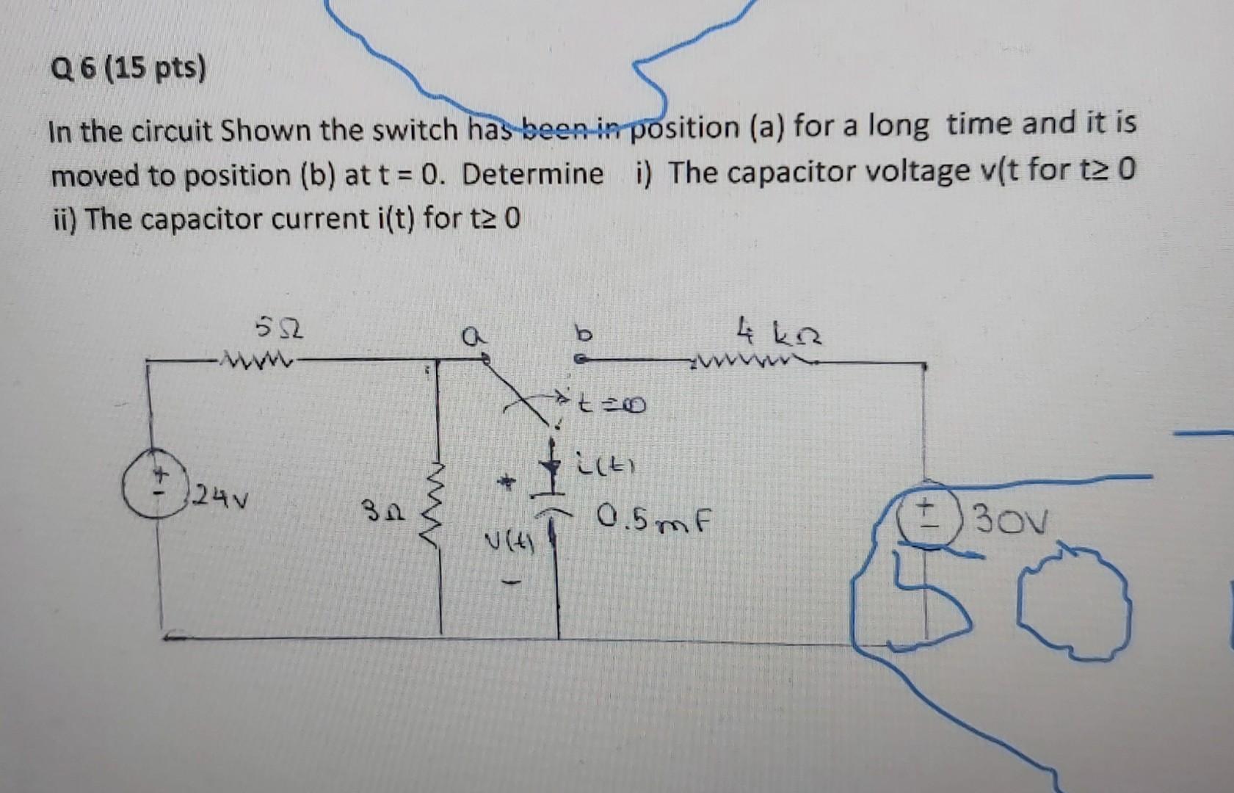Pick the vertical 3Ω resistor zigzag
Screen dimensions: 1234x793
(x=438, y=507)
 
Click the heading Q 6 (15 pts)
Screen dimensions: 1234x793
(x=128, y=70)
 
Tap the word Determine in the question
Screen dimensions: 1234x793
(x=533, y=174)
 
